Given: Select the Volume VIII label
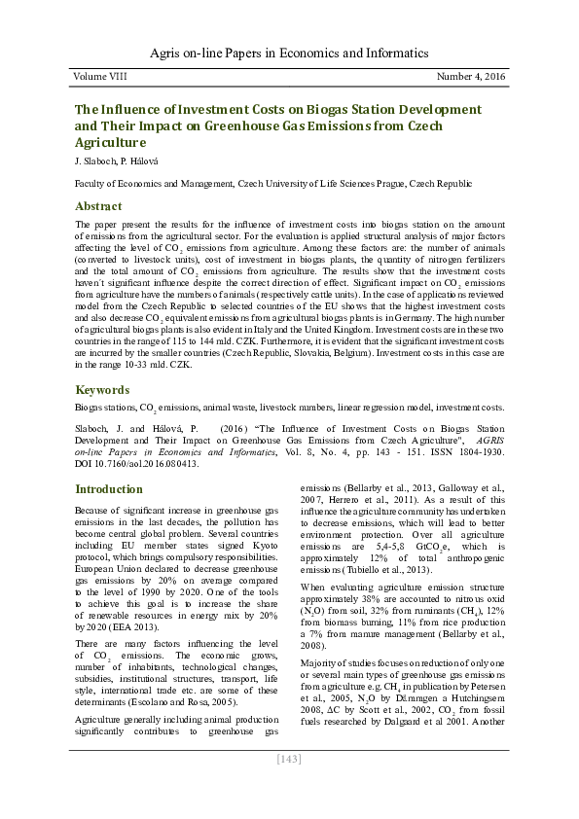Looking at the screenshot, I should point(100,77).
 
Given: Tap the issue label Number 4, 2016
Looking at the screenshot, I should point(471,77).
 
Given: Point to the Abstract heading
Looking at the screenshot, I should point(98,206).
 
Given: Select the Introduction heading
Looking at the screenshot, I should point(109,488).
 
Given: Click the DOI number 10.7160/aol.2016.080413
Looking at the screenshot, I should point(147,464).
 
